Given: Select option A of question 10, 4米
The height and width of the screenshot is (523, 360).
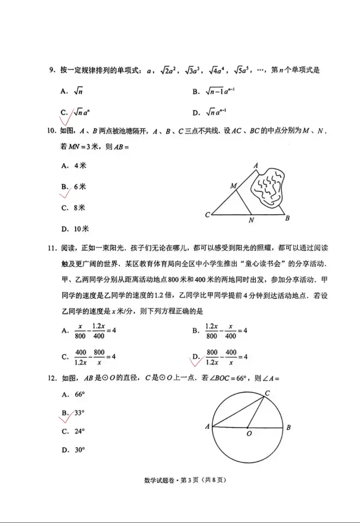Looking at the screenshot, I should click(x=74, y=165).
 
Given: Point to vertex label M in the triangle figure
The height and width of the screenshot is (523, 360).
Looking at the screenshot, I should click(x=233, y=186).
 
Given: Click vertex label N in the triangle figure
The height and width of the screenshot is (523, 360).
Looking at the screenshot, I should click(x=251, y=220).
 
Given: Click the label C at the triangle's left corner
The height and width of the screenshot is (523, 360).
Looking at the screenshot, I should click(x=207, y=215).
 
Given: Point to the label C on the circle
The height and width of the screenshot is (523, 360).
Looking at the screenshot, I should click(x=267, y=393).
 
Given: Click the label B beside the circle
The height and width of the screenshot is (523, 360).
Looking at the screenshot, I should click(x=289, y=427).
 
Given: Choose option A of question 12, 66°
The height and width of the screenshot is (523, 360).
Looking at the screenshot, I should click(x=74, y=394).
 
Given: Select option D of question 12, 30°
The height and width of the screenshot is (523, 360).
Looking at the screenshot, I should click(x=74, y=450).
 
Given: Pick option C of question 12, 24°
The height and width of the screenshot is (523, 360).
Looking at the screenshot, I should click(x=74, y=431).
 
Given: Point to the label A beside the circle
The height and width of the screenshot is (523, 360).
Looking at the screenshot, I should click(x=207, y=426).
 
